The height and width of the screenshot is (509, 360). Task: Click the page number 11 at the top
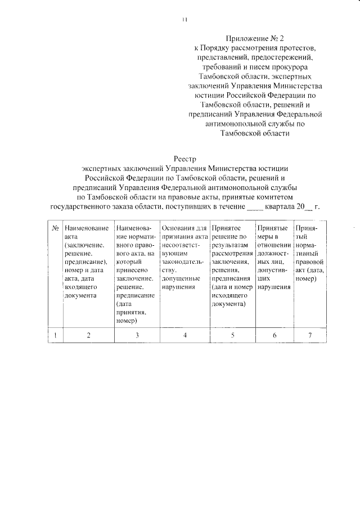[184, 21]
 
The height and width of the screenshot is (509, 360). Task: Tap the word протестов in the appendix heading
[294, 48]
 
